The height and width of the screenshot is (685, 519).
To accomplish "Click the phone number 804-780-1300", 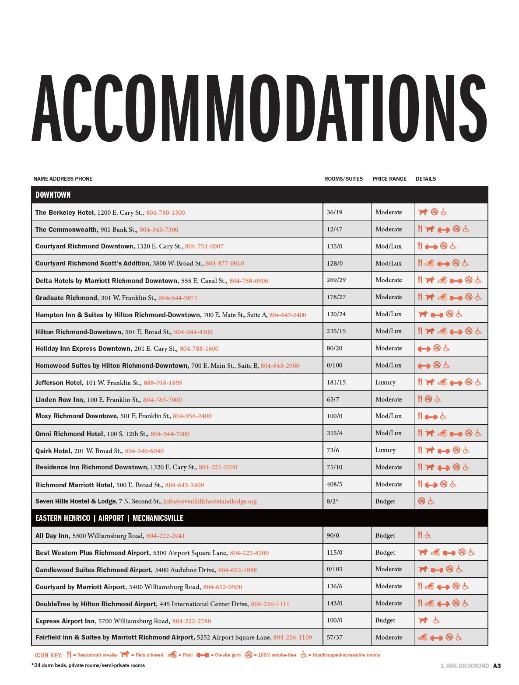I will [165, 213].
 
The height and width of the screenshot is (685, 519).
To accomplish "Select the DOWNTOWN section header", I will [53, 195].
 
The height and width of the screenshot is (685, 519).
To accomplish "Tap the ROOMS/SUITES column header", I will [344, 178].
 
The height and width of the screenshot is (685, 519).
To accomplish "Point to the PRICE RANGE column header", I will [389, 178].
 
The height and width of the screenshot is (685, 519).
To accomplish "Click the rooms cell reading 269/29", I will [336, 280].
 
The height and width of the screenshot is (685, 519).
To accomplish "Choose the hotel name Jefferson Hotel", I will [59, 383].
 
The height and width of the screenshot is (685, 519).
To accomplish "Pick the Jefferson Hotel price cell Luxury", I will [385, 382].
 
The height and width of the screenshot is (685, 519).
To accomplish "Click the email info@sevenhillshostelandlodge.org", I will [210, 501].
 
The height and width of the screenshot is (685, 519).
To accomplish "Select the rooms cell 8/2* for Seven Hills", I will [333, 501].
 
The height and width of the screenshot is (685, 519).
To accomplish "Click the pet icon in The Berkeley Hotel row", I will [423, 212].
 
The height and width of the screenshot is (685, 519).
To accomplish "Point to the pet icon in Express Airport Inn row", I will [423, 620].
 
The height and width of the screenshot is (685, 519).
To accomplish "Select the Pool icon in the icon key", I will [172, 655].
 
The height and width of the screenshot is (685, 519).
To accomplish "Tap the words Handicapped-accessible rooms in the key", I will [346, 655].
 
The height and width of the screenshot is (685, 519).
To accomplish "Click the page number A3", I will [497, 666].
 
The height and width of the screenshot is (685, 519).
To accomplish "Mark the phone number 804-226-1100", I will [292, 637].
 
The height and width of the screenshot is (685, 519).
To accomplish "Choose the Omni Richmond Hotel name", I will [70, 434].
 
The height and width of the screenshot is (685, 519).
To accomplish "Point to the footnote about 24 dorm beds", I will [88, 665].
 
